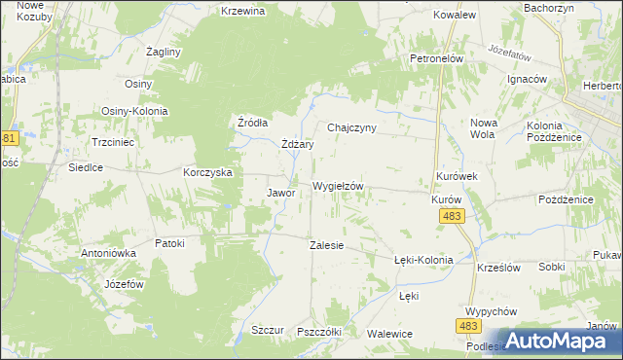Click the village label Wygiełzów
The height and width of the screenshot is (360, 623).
point(338,185)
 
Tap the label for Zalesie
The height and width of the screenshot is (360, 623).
point(326,245)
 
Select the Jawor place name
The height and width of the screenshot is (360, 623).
point(280,193)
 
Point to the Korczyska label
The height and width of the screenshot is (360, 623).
point(207,171)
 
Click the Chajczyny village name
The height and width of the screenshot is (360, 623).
point(351,127)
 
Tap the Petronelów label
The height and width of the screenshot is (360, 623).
point(435,58)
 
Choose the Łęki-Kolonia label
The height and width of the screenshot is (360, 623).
point(423,260)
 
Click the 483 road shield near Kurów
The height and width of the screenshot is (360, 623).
point(451,216)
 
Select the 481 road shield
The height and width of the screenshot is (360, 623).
point(9,138)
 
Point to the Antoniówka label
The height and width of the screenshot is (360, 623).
point(109,252)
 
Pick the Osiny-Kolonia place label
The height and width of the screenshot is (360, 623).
point(134,111)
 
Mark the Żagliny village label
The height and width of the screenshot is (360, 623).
point(163,51)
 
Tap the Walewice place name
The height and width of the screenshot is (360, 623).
point(390,334)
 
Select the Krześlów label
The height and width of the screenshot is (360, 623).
point(499,267)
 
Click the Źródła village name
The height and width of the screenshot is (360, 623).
point(253,123)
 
